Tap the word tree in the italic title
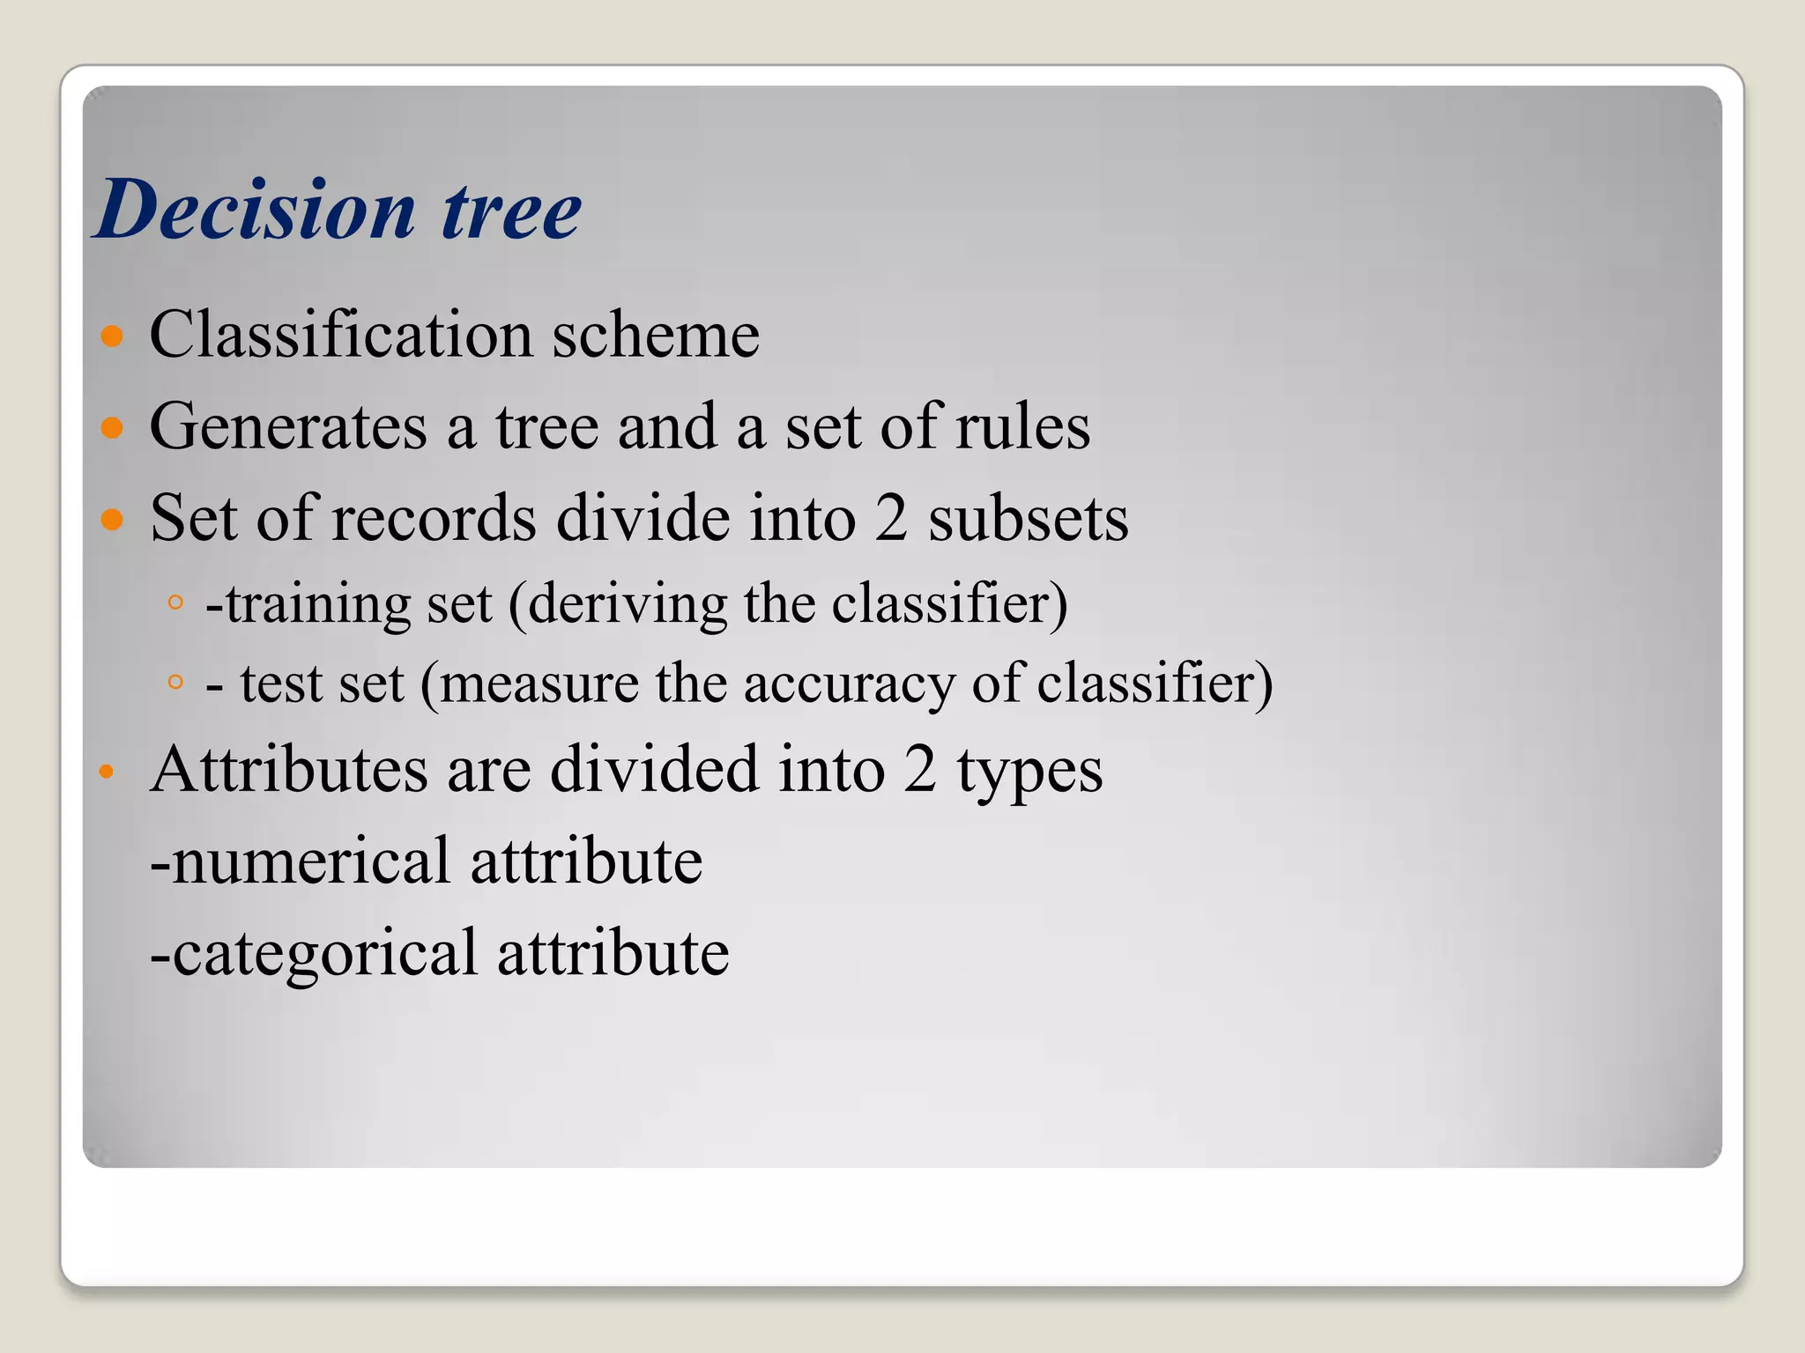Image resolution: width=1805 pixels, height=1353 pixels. pyautogui.click(x=511, y=211)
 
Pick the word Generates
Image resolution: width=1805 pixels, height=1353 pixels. pyautogui.click(x=288, y=427)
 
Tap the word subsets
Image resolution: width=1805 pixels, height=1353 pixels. pyautogui.click(x=1028, y=518)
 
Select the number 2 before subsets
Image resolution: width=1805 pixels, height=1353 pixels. pyautogui.click(x=891, y=518)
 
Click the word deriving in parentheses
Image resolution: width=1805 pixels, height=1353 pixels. pyautogui.click(x=627, y=605)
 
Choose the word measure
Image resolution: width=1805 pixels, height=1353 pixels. pyautogui.click(x=539, y=684)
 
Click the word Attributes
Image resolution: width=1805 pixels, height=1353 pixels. pyautogui.click(x=288, y=769)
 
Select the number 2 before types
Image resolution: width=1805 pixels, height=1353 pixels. pyautogui.click(x=919, y=769)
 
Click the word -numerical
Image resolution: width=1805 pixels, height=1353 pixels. pyautogui.click(x=301, y=861)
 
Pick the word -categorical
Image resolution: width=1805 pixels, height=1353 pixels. pyautogui.click(x=314, y=954)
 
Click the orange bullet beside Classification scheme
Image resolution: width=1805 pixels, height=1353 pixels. pyautogui.click(x=112, y=336)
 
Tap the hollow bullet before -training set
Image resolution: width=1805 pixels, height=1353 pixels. pyautogui.click(x=175, y=603)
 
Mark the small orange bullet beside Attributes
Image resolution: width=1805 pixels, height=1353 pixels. pyautogui.click(x=107, y=773)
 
